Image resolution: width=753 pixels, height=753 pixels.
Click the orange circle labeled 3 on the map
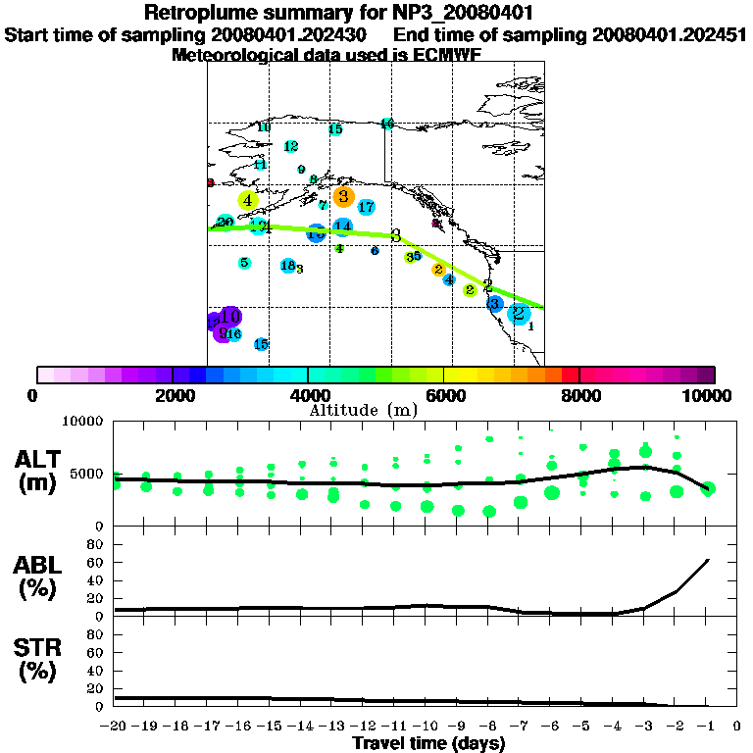tap(343, 197)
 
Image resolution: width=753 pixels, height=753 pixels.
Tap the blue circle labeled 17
tap(366, 207)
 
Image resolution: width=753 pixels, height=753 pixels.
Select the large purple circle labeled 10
tap(230, 317)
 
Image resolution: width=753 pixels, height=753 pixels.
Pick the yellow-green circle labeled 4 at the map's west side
tap(248, 201)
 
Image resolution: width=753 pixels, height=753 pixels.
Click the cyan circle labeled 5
tap(244, 263)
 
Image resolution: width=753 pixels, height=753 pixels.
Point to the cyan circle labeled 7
tap(323, 206)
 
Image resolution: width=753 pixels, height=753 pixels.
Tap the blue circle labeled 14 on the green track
tap(342, 227)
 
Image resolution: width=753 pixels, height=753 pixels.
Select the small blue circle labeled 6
tap(375, 251)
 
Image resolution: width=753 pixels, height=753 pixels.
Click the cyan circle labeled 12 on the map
tap(290, 147)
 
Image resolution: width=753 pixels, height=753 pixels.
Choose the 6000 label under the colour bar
tap(443, 395)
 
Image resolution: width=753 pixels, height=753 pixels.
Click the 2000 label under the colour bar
tap(173, 395)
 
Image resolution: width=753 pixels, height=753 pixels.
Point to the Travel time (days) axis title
tap(428, 744)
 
